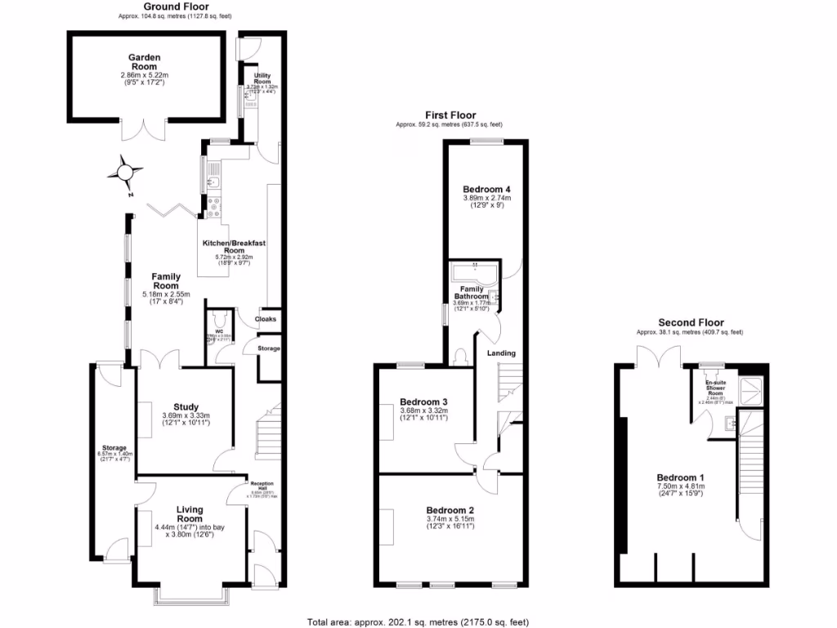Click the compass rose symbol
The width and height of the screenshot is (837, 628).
124,173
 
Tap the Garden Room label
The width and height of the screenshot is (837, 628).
144,62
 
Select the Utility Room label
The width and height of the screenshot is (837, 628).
262,79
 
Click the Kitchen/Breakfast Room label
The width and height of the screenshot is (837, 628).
235,247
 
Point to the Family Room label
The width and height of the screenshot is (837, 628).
166,281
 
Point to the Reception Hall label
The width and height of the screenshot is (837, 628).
262,484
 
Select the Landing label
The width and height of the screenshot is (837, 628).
501,353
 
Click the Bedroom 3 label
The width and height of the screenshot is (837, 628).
423,401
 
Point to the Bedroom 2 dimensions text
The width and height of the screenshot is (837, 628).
450,526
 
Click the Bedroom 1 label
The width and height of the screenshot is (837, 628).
680,478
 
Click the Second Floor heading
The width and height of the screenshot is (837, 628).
691,323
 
